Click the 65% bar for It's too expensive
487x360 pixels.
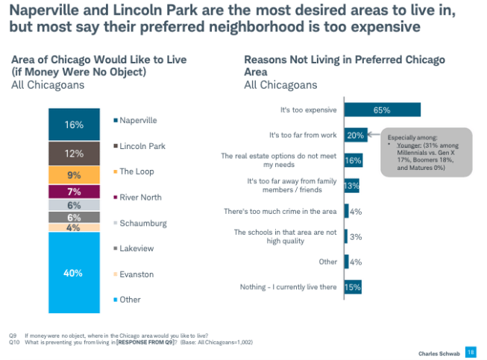(382, 110)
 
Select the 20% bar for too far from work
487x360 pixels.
(354, 135)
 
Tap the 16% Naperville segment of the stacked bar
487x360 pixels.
(73, 125)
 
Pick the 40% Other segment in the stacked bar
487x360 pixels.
(73, 273)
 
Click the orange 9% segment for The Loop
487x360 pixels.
(73, 176)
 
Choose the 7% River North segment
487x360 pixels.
(73, 192)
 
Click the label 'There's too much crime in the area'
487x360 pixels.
(281, 212)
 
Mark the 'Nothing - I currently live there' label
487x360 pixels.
(289, 287)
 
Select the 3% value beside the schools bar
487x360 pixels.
(356, 236)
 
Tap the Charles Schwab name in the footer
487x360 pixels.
(439, 352)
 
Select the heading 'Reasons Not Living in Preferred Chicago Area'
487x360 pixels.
(344, 66)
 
